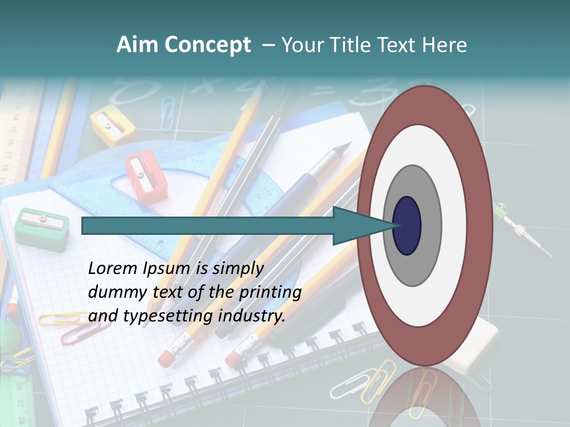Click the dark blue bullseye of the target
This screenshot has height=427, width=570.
407,226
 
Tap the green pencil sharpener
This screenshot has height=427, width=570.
42,228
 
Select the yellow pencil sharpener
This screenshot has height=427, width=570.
113,125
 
